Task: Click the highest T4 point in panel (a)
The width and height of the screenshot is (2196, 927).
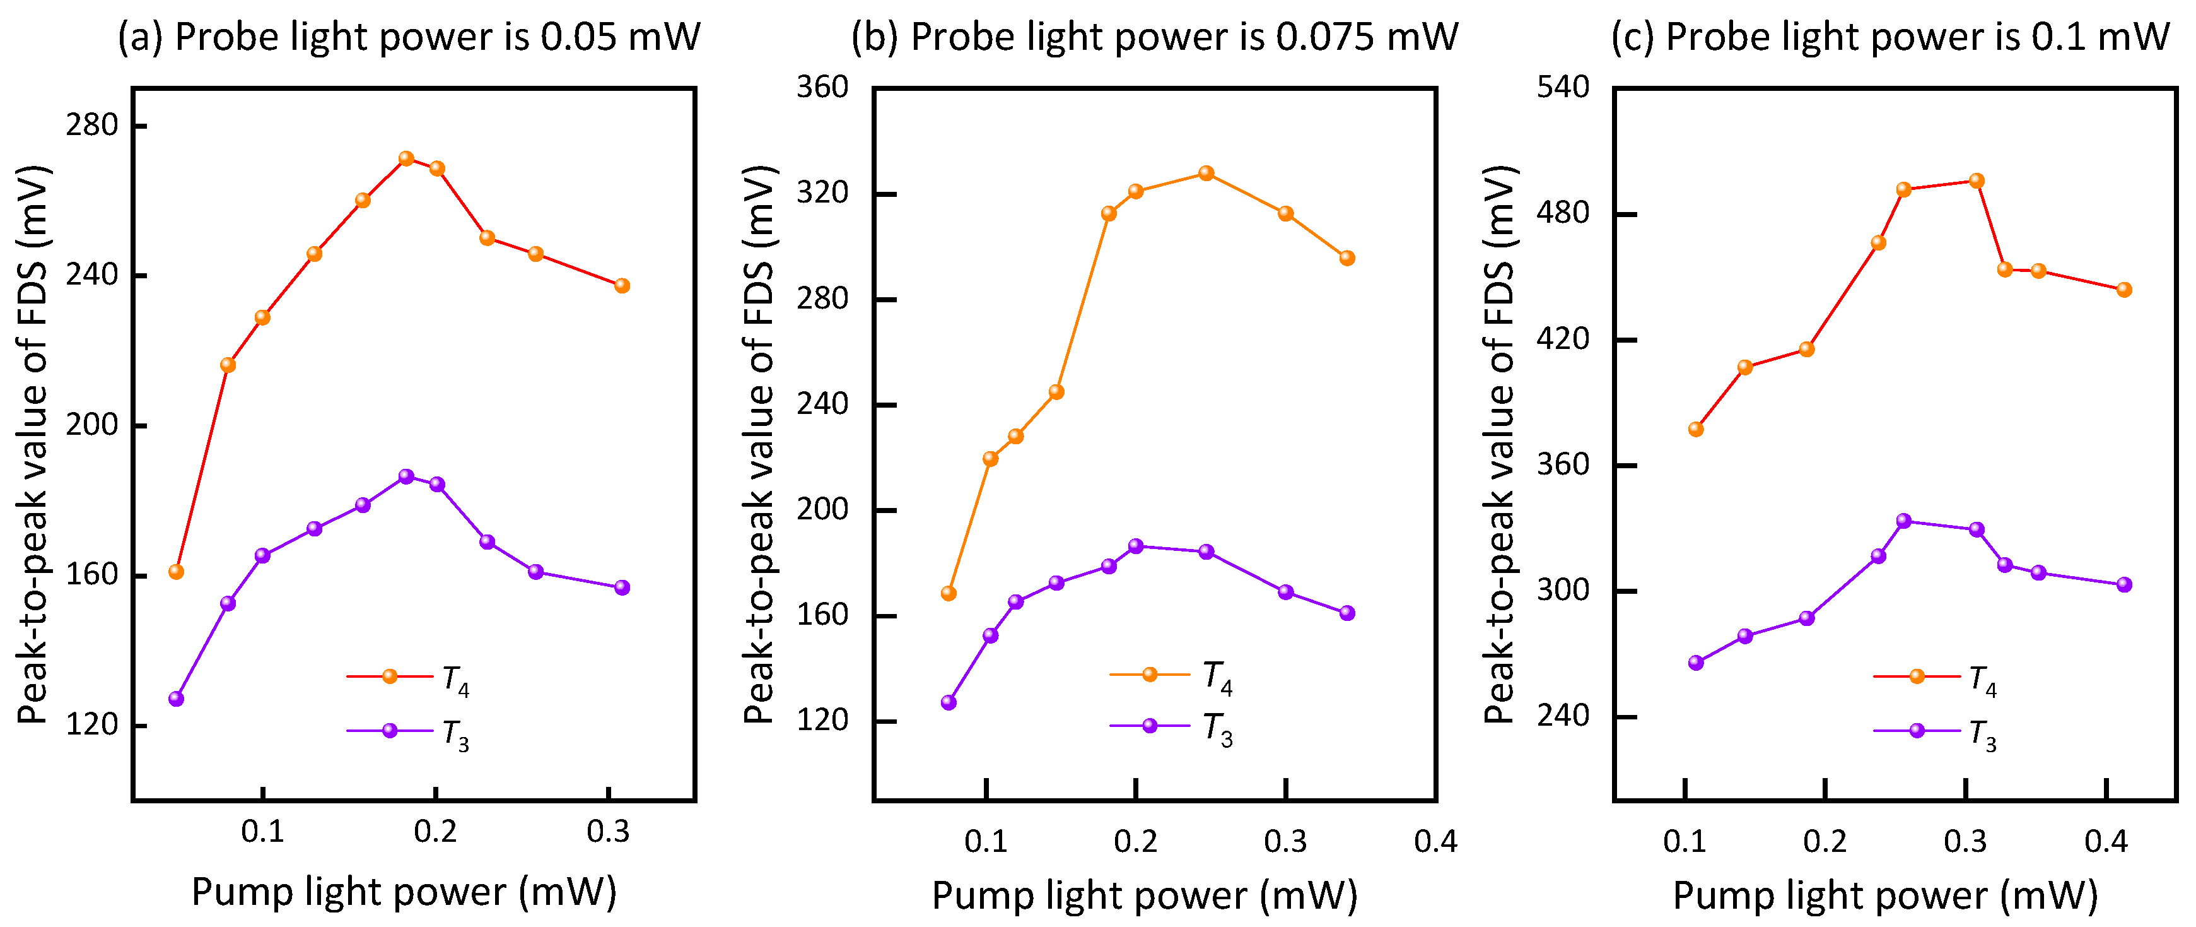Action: (406, 158)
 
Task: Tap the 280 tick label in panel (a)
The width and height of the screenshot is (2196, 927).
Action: (92, 126)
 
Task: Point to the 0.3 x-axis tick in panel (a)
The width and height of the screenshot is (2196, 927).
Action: (608, 830)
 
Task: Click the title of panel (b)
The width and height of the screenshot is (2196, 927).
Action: (1154, 37)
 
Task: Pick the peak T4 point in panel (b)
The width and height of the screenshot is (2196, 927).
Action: (1205, 173)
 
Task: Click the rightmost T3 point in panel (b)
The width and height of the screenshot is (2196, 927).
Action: (1347, 613)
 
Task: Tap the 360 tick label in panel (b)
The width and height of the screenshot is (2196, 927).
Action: (822, 87)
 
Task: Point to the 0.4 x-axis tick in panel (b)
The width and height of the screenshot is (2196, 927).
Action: (1435, 842)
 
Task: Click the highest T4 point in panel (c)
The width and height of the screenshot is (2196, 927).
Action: (1976, 181)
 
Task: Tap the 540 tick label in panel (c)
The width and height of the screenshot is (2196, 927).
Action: (1563, 87)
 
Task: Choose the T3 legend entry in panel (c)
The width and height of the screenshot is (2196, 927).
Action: (1935, 732)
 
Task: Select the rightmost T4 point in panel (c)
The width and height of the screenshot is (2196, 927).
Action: (2123, 290)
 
